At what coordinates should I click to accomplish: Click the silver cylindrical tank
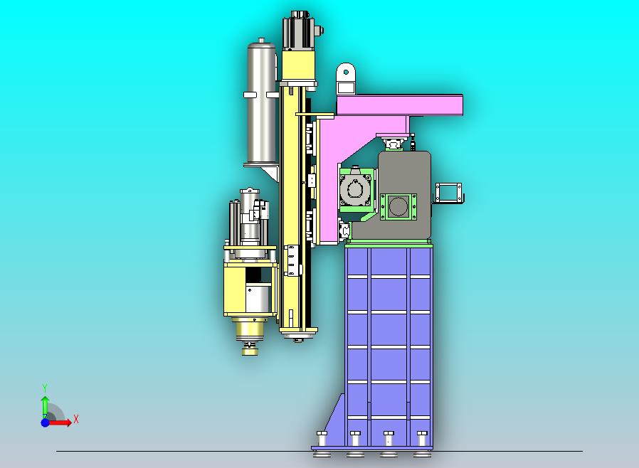pyautogui.click(x=260, y=107)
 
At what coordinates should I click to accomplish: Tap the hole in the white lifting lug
pyautogui.click(x=346, y=71)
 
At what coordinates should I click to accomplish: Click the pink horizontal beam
pyautogui.click(x=398, y=105)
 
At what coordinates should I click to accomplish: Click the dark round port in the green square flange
pyautogui.click(x=399, y=206)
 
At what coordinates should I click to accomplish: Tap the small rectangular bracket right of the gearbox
pyautogui.click(x=449, y=192)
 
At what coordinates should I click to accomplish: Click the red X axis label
pyautogui.click(x=76, y=420)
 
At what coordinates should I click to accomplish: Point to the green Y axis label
pyautogui.click(x=45, y=388)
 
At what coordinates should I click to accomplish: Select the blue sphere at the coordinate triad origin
pyautogui.click(x=45, y=422)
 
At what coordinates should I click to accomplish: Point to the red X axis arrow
pyautogui.click(x=61, y=422)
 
